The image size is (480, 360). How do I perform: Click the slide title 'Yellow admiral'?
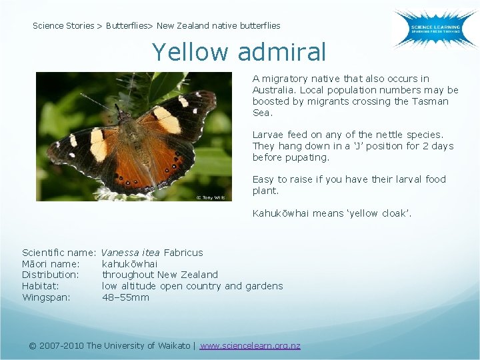[x=239, y=51]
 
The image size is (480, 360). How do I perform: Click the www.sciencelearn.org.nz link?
[x=250, y=345]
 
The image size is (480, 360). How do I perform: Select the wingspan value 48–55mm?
[x=125, y=297]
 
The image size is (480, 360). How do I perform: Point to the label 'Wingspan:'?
[x=46, y=297]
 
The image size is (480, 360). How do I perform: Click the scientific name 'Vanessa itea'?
[x=130, y=253]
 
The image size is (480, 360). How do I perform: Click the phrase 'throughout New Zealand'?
[x=159, y=275]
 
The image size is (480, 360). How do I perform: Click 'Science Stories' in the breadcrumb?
[x=63, y=26]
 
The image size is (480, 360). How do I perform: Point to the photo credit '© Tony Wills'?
[x=210, y=197]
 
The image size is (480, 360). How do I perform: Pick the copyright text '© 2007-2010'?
[x=57, y=345]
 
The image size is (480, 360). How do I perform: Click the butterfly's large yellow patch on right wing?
[x=167, y=119]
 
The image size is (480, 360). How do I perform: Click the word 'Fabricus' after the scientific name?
[x=183, y=253]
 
